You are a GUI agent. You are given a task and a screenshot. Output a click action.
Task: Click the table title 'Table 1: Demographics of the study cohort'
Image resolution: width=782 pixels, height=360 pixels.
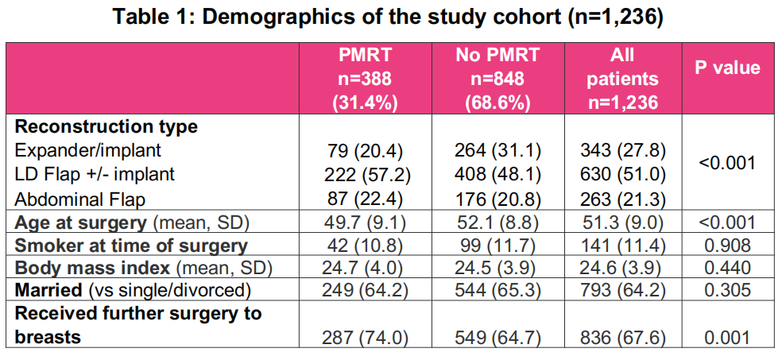click(x=388, y=17)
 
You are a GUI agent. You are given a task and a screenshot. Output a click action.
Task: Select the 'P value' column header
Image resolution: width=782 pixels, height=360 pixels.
click(x=727, y=68)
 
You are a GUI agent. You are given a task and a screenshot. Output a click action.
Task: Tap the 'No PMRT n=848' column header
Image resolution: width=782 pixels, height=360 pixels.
click(x=497, y=78)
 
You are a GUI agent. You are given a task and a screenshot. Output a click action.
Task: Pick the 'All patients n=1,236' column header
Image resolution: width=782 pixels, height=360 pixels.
click(x=623, y=78)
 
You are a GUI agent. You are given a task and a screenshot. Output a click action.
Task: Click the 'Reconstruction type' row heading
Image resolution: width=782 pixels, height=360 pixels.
click(x=106, y=126)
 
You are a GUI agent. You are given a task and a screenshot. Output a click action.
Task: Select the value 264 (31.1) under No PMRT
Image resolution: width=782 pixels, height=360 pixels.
click(x=497, y=150)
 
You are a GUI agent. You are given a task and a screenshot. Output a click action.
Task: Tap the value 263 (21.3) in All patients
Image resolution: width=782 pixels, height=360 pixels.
click(x=623, y=200)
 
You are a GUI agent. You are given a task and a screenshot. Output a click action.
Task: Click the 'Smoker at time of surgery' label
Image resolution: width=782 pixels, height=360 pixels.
click(x=131, y=246)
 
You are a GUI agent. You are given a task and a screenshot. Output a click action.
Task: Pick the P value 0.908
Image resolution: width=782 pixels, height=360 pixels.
click(x=727, y=246)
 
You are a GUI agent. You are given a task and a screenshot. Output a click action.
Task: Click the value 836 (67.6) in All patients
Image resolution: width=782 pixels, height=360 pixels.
click(x=623, y=337)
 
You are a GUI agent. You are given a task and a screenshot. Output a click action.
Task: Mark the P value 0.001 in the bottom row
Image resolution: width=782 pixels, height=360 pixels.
click(x=727, y=337)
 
